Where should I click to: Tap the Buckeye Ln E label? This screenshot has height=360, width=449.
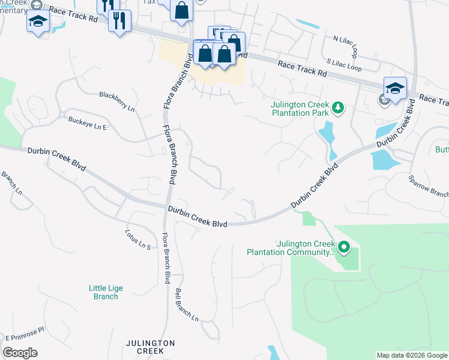[87, 123]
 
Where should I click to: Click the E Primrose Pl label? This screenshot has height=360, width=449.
[25, 334]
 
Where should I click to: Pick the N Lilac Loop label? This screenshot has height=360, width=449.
[349, 39]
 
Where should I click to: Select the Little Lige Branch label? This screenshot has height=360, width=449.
[106, 292]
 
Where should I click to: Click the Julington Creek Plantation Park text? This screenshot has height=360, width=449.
[300, 108]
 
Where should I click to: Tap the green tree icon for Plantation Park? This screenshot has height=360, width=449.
[339, 107]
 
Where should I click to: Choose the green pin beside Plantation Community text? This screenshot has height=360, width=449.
[343, 247]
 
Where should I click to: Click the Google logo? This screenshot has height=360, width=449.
[20, 353]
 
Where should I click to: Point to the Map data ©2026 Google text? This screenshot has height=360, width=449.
[412, 355]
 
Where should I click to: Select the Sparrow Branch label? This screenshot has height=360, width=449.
[428, 187]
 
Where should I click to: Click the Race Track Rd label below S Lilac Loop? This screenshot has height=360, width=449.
[302, 68]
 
